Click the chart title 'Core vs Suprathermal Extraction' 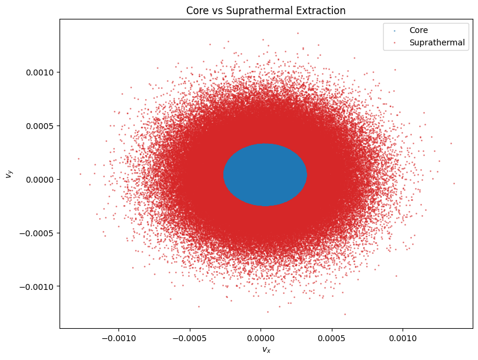(x=265, y=11)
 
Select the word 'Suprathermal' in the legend (x=437, y=42)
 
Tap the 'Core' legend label (x=418, y=30)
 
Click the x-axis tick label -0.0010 (x=118, y=339)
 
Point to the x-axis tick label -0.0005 (x=190, y=339)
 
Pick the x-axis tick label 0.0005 (x=332, y=339)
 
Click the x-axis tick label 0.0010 (x=403, y=339)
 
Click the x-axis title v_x (x=266, y=350)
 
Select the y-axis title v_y (x=8, y=174)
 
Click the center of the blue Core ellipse (x=265, y=175)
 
